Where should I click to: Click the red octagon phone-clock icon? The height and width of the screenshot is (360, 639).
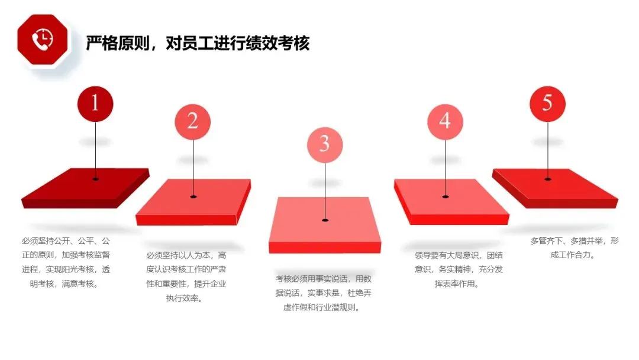[43, 40]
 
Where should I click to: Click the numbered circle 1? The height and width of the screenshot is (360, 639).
[95, 104]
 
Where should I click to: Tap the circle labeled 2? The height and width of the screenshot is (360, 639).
[193, 121]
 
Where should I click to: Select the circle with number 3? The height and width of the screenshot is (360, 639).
[325, 144]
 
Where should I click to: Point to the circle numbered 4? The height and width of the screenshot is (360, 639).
[445, 121]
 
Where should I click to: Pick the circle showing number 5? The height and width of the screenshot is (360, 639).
[547, 104]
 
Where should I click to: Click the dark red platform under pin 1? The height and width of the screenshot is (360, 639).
[86, 188]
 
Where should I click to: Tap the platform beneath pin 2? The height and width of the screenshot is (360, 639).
[193, 202]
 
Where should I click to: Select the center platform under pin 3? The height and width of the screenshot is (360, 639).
[325, 225]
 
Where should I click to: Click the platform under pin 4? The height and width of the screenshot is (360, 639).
[451, 202]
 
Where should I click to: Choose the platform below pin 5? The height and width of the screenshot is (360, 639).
[555, 188]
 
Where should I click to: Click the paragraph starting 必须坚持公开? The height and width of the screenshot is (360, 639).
[66, 262]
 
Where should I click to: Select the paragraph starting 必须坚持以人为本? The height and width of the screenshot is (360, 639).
[186, 277]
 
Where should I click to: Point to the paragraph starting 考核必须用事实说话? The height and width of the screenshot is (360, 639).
[324, 292]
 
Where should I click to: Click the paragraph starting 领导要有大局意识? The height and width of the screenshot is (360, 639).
[459, 269]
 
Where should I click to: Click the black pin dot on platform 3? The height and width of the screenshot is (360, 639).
[325, 220]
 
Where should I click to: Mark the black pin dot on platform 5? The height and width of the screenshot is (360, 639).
[548, 179]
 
